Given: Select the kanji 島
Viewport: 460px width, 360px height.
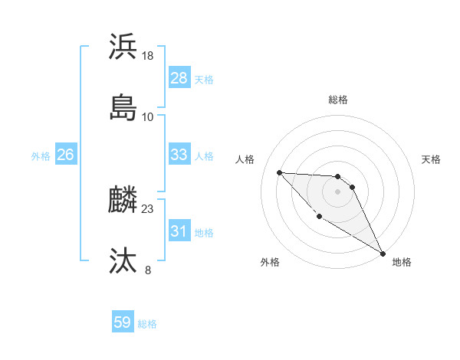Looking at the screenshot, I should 123,107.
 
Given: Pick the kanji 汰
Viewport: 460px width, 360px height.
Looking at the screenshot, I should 123,261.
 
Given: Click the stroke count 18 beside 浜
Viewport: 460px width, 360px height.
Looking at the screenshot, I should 148,55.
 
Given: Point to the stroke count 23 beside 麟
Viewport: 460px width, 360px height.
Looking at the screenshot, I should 148,208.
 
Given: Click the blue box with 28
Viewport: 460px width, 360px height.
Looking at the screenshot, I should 179,78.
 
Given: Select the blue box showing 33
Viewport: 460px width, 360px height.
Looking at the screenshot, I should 179,155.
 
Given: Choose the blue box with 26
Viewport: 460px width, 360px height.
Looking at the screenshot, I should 65,155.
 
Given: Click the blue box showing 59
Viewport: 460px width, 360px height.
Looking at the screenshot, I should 122,322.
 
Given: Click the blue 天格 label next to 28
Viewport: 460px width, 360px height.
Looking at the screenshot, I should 204,79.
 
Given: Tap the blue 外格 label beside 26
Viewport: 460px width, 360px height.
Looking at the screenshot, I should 41,155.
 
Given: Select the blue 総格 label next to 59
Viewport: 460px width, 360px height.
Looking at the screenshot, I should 147,323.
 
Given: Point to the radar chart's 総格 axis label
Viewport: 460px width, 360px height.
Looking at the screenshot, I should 338,100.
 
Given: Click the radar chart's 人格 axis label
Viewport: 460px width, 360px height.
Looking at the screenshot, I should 245,159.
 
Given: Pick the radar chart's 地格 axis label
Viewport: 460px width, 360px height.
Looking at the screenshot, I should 402,262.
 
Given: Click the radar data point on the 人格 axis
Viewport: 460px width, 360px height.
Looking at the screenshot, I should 279,172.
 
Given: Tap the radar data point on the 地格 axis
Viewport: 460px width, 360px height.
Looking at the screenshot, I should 383,253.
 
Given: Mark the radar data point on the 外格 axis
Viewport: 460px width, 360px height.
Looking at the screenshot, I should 319,216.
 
